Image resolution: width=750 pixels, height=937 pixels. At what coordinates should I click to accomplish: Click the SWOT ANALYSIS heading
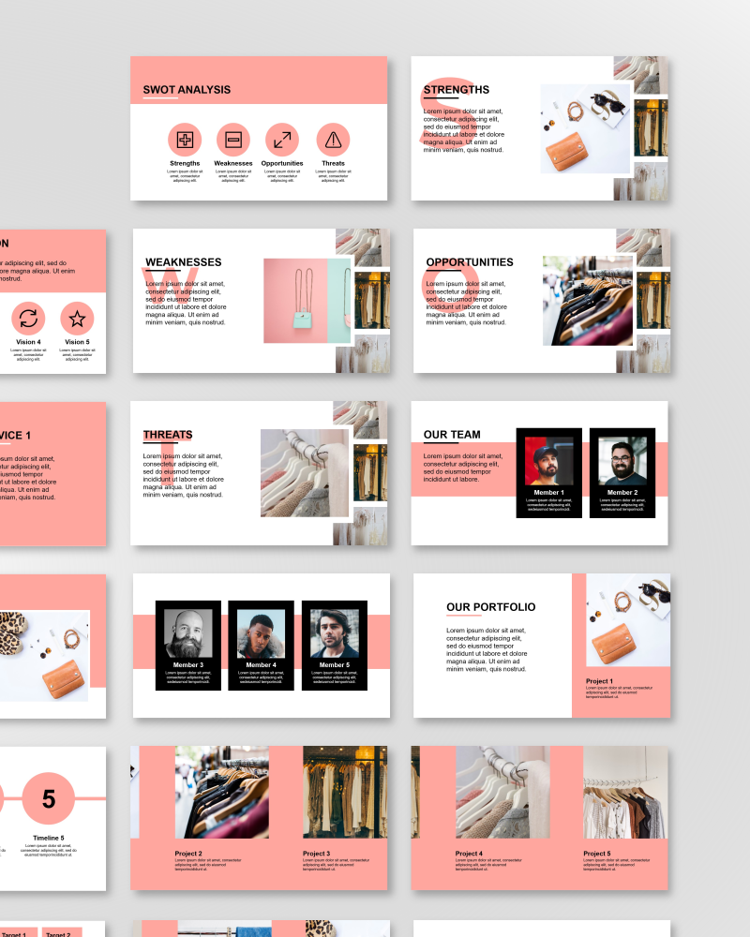click(x=187, y=90)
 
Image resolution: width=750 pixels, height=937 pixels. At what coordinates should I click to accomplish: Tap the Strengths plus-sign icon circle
click(x=185, y=141)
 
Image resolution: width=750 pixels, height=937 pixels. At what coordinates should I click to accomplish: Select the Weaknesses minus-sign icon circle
click(x=233, y=141)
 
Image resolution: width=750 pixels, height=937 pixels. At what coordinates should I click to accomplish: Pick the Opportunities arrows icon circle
click(x=282, y=141)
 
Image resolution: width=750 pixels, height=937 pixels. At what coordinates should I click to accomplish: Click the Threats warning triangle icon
click(x=333, y=141)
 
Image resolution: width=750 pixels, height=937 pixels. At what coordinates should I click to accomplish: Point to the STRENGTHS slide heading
click(x=456, y=90)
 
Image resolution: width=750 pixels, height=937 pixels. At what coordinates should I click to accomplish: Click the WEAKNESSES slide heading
click(x=184, y=262)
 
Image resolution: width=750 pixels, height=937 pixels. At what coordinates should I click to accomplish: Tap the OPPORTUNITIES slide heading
click(x=470, y=262)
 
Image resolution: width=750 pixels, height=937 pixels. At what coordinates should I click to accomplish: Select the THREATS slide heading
click(x=168, y=435)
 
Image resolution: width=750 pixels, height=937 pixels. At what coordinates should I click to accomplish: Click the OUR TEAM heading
click(x=452, y=435)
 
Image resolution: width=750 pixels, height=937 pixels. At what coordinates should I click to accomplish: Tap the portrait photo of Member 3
click(x=188, y=634)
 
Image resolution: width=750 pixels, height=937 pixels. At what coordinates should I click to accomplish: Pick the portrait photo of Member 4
click(x=261, y=634)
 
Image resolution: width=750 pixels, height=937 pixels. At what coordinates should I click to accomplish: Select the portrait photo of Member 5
click(x=334, y=634)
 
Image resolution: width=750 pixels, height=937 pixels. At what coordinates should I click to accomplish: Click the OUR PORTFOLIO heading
click(x=491, y=607)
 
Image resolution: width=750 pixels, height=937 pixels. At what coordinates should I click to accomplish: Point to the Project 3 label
click(x=317, y=854)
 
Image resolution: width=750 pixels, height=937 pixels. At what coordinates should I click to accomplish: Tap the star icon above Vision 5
click(x=77, y=319)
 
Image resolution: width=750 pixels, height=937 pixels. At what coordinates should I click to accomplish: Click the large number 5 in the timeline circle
click(x=49, y=799)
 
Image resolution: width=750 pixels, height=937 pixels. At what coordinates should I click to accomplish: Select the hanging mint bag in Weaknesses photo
click(x=302, y=319)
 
